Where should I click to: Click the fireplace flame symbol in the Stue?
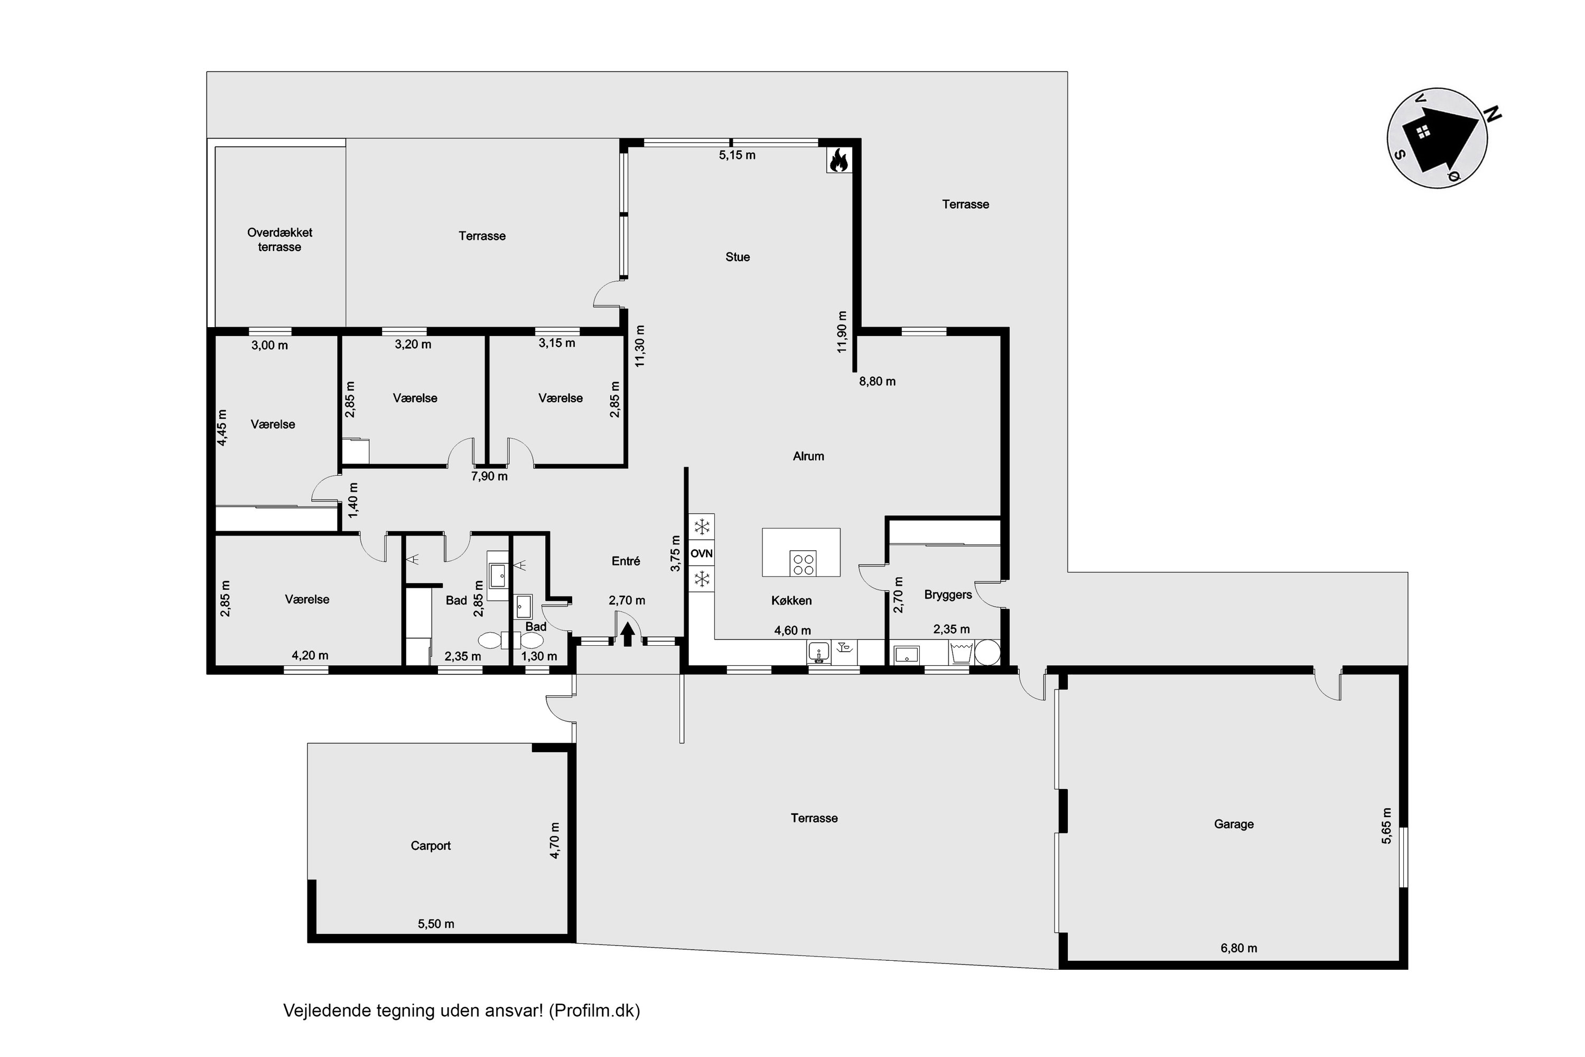click(x=839, y=161)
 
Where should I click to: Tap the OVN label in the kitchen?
click(x=702, y=553)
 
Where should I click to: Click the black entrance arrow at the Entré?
click(x=628, y=634)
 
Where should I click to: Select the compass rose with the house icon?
click(x=1439, y=138)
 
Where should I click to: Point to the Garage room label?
click(x=1233, y=824)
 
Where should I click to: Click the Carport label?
click(x=431, y=845)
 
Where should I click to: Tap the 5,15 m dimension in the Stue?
click(x=737, y=155)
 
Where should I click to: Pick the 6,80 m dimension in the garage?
click(x=1238, y=948)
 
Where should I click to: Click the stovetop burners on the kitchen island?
click(x=803, y=563)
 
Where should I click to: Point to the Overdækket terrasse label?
click(x=279, y=239)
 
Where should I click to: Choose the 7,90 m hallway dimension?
click(x=489, y=477)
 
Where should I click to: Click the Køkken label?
click(x=791, y=600)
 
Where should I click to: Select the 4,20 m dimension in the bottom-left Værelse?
click(x=310, y=655)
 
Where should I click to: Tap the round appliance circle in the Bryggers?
click(x=988, y=653)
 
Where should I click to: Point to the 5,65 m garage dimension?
click(x=1386, y=826)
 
